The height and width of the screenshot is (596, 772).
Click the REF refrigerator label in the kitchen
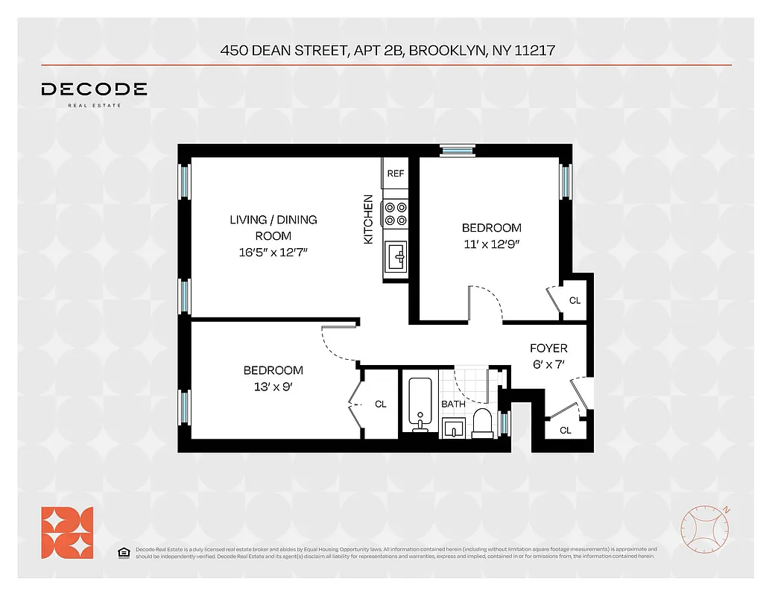click(x=395, y=174)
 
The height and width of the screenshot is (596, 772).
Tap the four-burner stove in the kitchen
click(x=395, y=215)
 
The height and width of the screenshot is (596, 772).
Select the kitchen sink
click(x=396, y=259)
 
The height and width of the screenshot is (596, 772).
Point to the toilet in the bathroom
click(x=481, y=422)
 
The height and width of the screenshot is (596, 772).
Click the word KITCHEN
click(x=368, y=220)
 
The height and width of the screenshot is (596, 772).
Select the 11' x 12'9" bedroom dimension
click(x=491, y=243)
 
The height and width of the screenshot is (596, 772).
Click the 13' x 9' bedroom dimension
click(x=273, y=386)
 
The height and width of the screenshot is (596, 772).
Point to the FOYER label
click(x=548, y=348)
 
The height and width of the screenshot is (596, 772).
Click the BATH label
click(x=453, y=404)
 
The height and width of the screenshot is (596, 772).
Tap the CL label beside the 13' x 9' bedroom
click(x=381, y=404)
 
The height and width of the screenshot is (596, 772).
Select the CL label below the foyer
click(x=565, y=430)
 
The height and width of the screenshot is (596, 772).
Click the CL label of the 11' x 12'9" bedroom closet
click(x=575, y=301)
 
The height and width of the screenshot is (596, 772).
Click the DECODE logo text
click(x=94, y=89)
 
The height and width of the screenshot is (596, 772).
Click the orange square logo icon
click(x=67, y=532)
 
